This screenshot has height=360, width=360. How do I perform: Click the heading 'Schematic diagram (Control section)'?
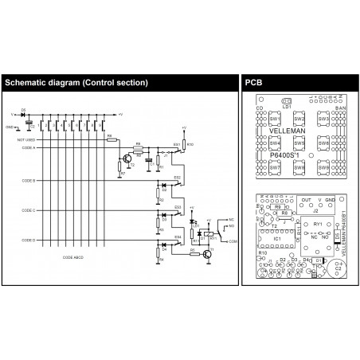click(x=76, y=82)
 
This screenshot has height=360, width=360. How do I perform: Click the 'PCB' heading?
click(x=252, y=82)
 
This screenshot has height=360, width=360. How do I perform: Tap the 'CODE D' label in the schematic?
click(x=27, y=239)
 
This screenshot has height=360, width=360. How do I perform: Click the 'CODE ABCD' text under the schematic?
click(x=72, y=258)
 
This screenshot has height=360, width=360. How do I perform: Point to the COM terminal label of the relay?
click(x=231, y=240)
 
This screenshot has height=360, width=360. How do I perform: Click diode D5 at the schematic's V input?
click(x=23, y=113)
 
